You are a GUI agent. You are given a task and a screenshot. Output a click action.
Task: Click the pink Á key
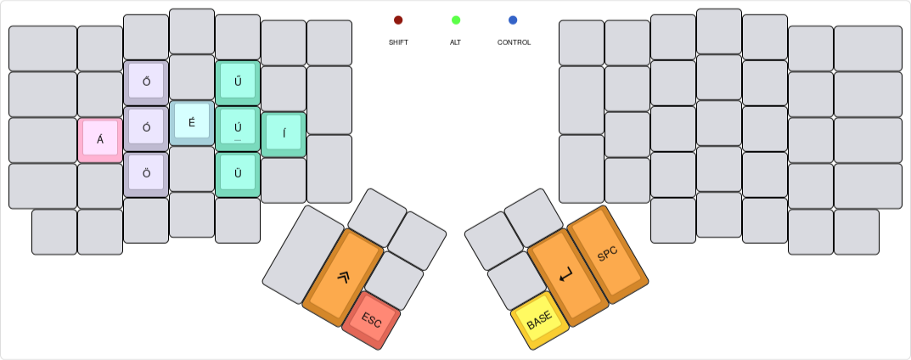coord(100,139)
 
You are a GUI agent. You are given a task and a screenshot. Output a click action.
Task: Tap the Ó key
coord(146,128)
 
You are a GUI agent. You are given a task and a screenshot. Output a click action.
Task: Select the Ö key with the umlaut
coord(146,174)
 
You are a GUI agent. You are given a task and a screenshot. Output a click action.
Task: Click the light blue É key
coord(192,122)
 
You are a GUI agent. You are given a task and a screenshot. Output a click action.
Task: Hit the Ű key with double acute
coord(238,82)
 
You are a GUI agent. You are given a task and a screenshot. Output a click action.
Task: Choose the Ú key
coord(238,128)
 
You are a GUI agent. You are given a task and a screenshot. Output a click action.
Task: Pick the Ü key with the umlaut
coord(238,174)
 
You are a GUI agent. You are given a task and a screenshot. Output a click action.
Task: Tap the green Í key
coord(284,133)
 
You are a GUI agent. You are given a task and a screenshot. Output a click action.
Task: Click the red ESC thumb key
coord(371,319)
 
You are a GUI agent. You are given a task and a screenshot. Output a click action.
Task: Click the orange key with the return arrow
coord(566,275)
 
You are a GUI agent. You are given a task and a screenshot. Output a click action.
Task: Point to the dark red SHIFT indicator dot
coord(398,20)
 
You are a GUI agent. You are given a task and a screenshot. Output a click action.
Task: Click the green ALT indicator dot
coord(456,20)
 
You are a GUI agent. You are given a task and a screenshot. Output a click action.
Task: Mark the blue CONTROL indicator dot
coord(514,20)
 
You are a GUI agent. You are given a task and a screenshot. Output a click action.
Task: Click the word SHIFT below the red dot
coord(398,42)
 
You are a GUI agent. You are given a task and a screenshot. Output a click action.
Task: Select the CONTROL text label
coord(514,42)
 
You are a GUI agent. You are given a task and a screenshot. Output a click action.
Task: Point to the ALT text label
coord(456,42)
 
